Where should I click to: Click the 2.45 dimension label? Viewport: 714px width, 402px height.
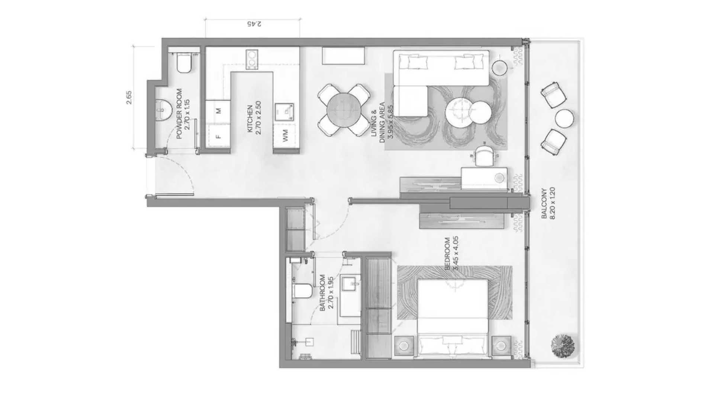[x=254, y=24]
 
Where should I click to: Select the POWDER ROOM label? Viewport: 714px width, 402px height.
[x=179, y=114]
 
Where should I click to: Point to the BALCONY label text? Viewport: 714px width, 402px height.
[x=544, y=203]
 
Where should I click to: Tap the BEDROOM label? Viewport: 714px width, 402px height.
[x=447, y=253]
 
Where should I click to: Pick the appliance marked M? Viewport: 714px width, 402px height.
[x=218, y=111]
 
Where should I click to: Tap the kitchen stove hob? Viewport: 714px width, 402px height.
[x=252, y=59]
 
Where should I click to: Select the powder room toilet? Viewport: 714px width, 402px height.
[x=184, y=63]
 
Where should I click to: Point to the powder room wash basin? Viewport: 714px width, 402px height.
[x=163, y=109]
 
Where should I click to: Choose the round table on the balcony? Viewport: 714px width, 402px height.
[x=565, y=118]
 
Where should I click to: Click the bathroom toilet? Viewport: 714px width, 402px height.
[x=302, y=291]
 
